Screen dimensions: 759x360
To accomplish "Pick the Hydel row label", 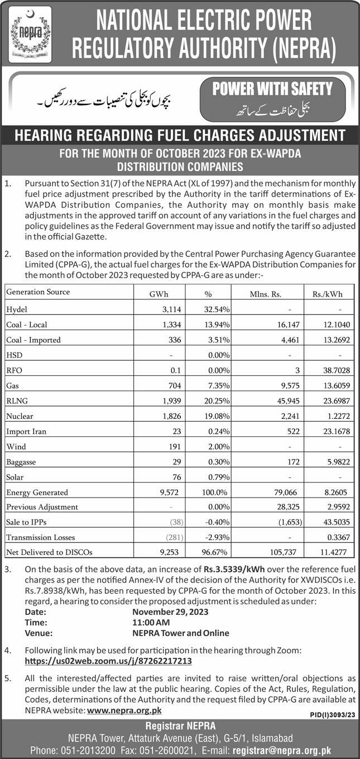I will click(16, 309).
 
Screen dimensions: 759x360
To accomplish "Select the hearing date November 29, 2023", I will click(170, 612).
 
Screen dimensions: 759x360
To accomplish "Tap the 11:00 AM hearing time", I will click(151, 623).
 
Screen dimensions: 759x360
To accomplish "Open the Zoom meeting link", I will click(108, 661).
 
